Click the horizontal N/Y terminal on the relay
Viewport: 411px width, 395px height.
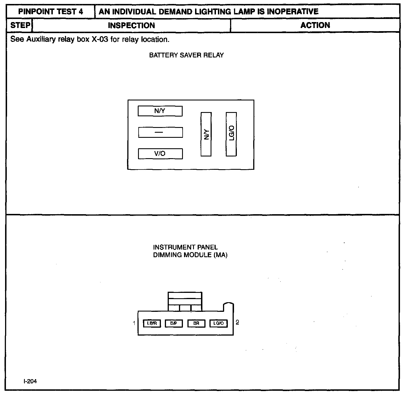point(160,111)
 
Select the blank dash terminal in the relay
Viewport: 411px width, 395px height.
point(160,132)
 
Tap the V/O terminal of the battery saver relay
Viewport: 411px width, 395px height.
point(160,154)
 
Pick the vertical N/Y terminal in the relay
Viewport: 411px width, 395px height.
point(206,134)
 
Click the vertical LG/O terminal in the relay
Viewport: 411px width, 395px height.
point(231,134)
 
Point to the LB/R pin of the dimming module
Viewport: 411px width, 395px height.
point(152,323)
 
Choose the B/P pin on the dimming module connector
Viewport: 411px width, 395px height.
point(174,323)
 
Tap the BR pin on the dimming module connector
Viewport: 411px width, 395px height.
point(196,323)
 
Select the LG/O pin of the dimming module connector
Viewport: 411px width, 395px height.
point(218,323)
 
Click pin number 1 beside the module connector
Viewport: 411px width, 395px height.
point(134,323)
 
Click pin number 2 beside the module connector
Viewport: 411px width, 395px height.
point(237,322)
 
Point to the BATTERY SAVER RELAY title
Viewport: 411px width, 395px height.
point(186,55)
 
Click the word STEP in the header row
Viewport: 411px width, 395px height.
point(20,25)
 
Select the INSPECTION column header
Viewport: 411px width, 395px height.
point(132,25)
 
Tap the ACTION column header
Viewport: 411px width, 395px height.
point(315,25)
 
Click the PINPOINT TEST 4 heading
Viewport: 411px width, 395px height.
point(51,12)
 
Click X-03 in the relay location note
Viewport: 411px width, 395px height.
point(100,39)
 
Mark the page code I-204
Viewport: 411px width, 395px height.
point(30,381)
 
